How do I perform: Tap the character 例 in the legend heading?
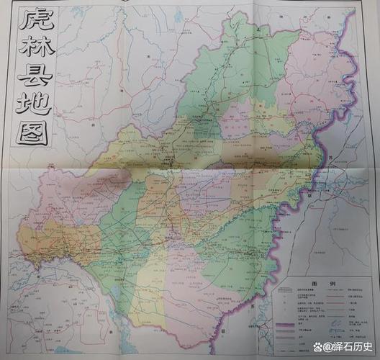[x=327, y=284]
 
